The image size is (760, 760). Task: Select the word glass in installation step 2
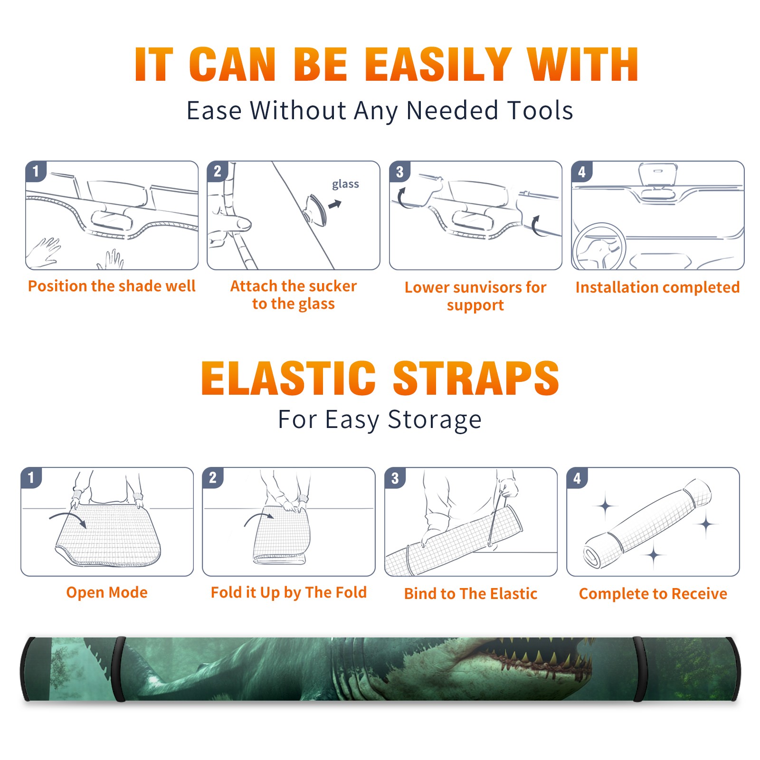click(345, 184)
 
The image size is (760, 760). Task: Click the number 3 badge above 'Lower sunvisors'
click(399, 172)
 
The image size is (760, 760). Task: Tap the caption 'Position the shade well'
click(112, 286)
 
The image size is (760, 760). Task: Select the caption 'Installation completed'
click(657, 287)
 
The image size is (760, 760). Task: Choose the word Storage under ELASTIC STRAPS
click(434, 420)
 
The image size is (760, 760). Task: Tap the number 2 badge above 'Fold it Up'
click(213, 478)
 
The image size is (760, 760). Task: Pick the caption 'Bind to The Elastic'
click(470, 593)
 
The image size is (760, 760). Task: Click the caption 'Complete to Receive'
click(653, 593)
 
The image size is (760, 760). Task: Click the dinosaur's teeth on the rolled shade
click(537, 658)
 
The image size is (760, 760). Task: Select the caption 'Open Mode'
click(107, 592)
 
